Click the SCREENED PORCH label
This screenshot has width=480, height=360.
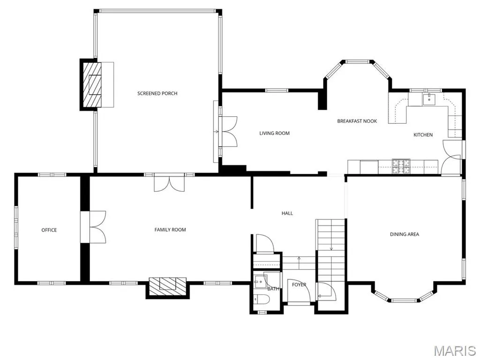coord(157,93)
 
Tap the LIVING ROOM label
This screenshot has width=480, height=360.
coord(274,133)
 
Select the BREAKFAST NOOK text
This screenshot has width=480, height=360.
coord(357,121)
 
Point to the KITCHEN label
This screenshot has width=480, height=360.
coord(423,135)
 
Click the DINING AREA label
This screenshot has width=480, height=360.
coord(405,234)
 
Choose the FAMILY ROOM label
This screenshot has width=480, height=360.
coord(170,230)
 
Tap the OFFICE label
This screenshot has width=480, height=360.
coord(49,230)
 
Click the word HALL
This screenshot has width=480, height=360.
coord(287,213)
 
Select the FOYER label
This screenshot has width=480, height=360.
coord(299,285)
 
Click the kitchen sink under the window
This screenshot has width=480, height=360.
coord(429,99)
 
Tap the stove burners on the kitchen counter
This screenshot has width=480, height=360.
coord(401,167)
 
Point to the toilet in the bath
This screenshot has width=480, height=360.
coord(261,299)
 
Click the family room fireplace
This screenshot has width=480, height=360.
coord(167,287)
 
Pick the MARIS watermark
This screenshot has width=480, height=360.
coord(455,351)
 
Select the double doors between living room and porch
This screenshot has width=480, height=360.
coord(229,132)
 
